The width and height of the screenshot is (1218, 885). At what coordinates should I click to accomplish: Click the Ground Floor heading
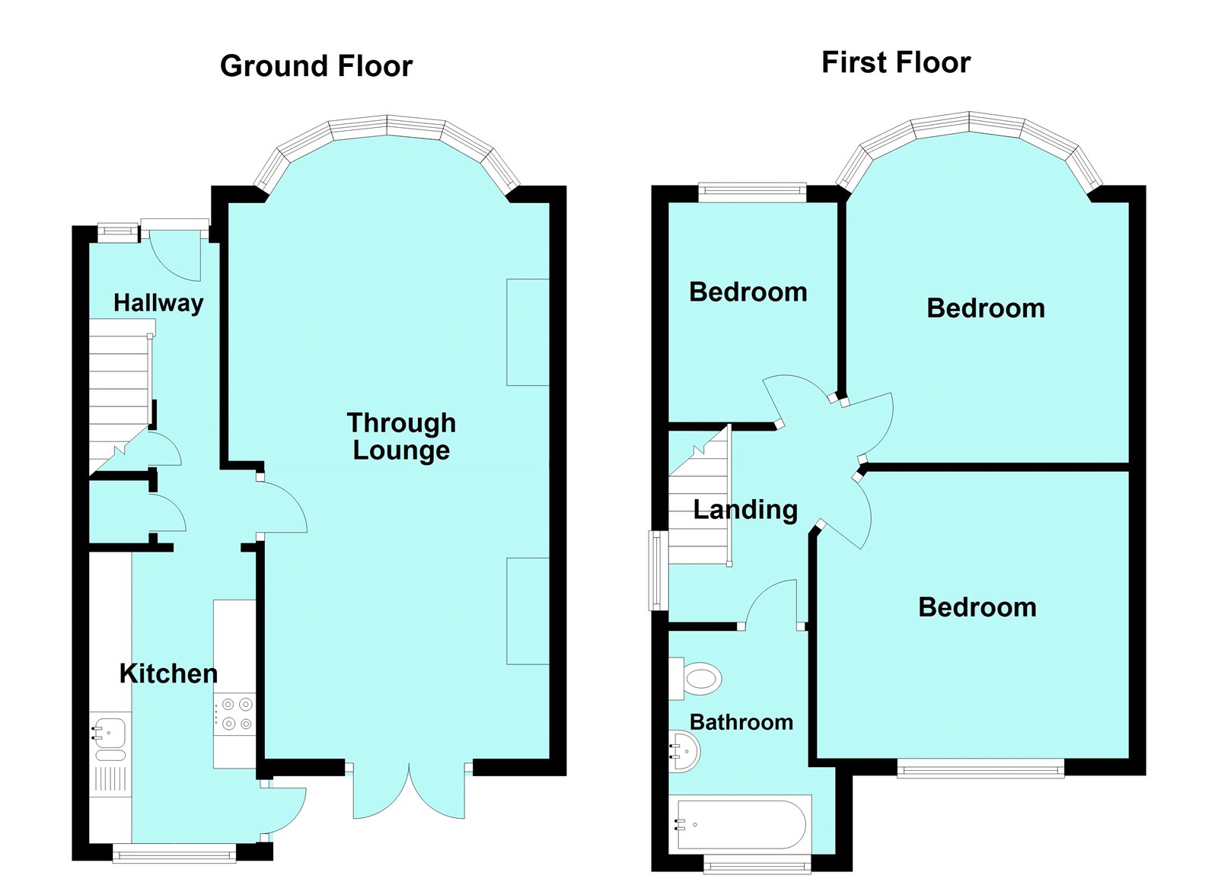(x=316, y=66)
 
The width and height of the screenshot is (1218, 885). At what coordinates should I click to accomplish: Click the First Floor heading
(x=895, y=62)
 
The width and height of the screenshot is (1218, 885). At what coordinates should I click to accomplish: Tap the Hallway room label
(x=158, y=303)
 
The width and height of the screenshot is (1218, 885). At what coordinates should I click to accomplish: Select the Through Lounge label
(x=401, y=437)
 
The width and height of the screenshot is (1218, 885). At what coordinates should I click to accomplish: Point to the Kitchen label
(x=168, y=673)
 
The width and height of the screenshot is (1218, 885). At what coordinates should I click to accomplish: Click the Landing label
(x=745, y=510)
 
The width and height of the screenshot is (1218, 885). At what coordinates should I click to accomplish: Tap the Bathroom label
(x=741, y=722)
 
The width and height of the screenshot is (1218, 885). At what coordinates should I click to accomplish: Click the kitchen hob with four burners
(x=234, y=714)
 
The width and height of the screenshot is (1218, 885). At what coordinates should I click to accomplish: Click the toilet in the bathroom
(x=696, y=679)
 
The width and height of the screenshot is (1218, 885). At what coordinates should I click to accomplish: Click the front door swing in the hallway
(x=175, y=256)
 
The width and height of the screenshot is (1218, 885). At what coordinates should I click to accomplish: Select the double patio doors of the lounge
(x=409, y=791)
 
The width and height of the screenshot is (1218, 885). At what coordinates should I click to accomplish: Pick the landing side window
(x=658, y=570)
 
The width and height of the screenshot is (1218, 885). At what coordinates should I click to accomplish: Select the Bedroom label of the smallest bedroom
(x=748, y=292)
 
